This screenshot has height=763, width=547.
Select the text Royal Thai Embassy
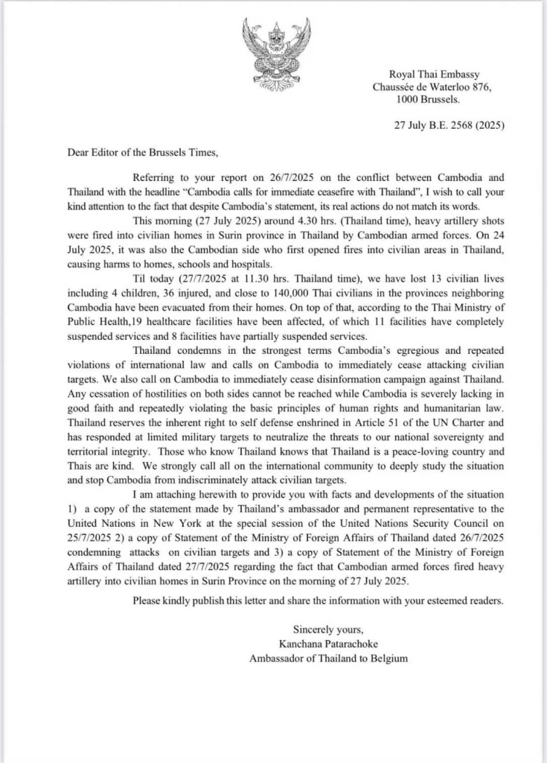tap(435, 74)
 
